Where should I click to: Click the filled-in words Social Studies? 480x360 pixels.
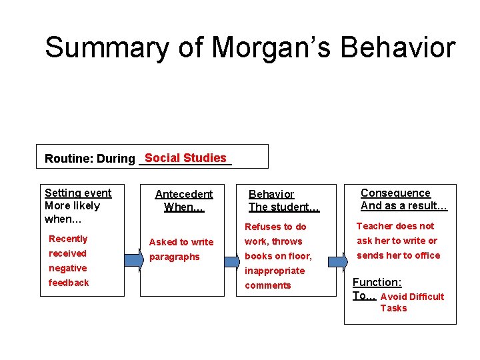click(185, 158)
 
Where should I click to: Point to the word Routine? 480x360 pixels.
click(69, 159)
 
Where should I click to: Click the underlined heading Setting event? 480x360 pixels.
click(78, 193)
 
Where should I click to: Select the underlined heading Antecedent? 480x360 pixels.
click(184, 195)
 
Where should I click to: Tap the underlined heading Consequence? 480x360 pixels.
click(395, 193)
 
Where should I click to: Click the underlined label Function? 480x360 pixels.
click(377, 283)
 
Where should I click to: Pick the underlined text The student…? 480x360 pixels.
click(284, 207)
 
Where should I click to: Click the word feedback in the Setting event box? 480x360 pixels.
click(69, 283)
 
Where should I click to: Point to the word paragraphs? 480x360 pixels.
click(174, 257)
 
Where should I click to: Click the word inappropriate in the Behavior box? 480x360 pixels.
click(275, 271)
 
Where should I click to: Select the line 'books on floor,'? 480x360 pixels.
click(278, 256)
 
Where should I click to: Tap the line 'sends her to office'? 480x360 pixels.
click(398, 255)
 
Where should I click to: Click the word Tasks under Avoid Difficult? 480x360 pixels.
click(393, 308)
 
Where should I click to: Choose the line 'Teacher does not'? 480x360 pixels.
click(395, 226)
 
